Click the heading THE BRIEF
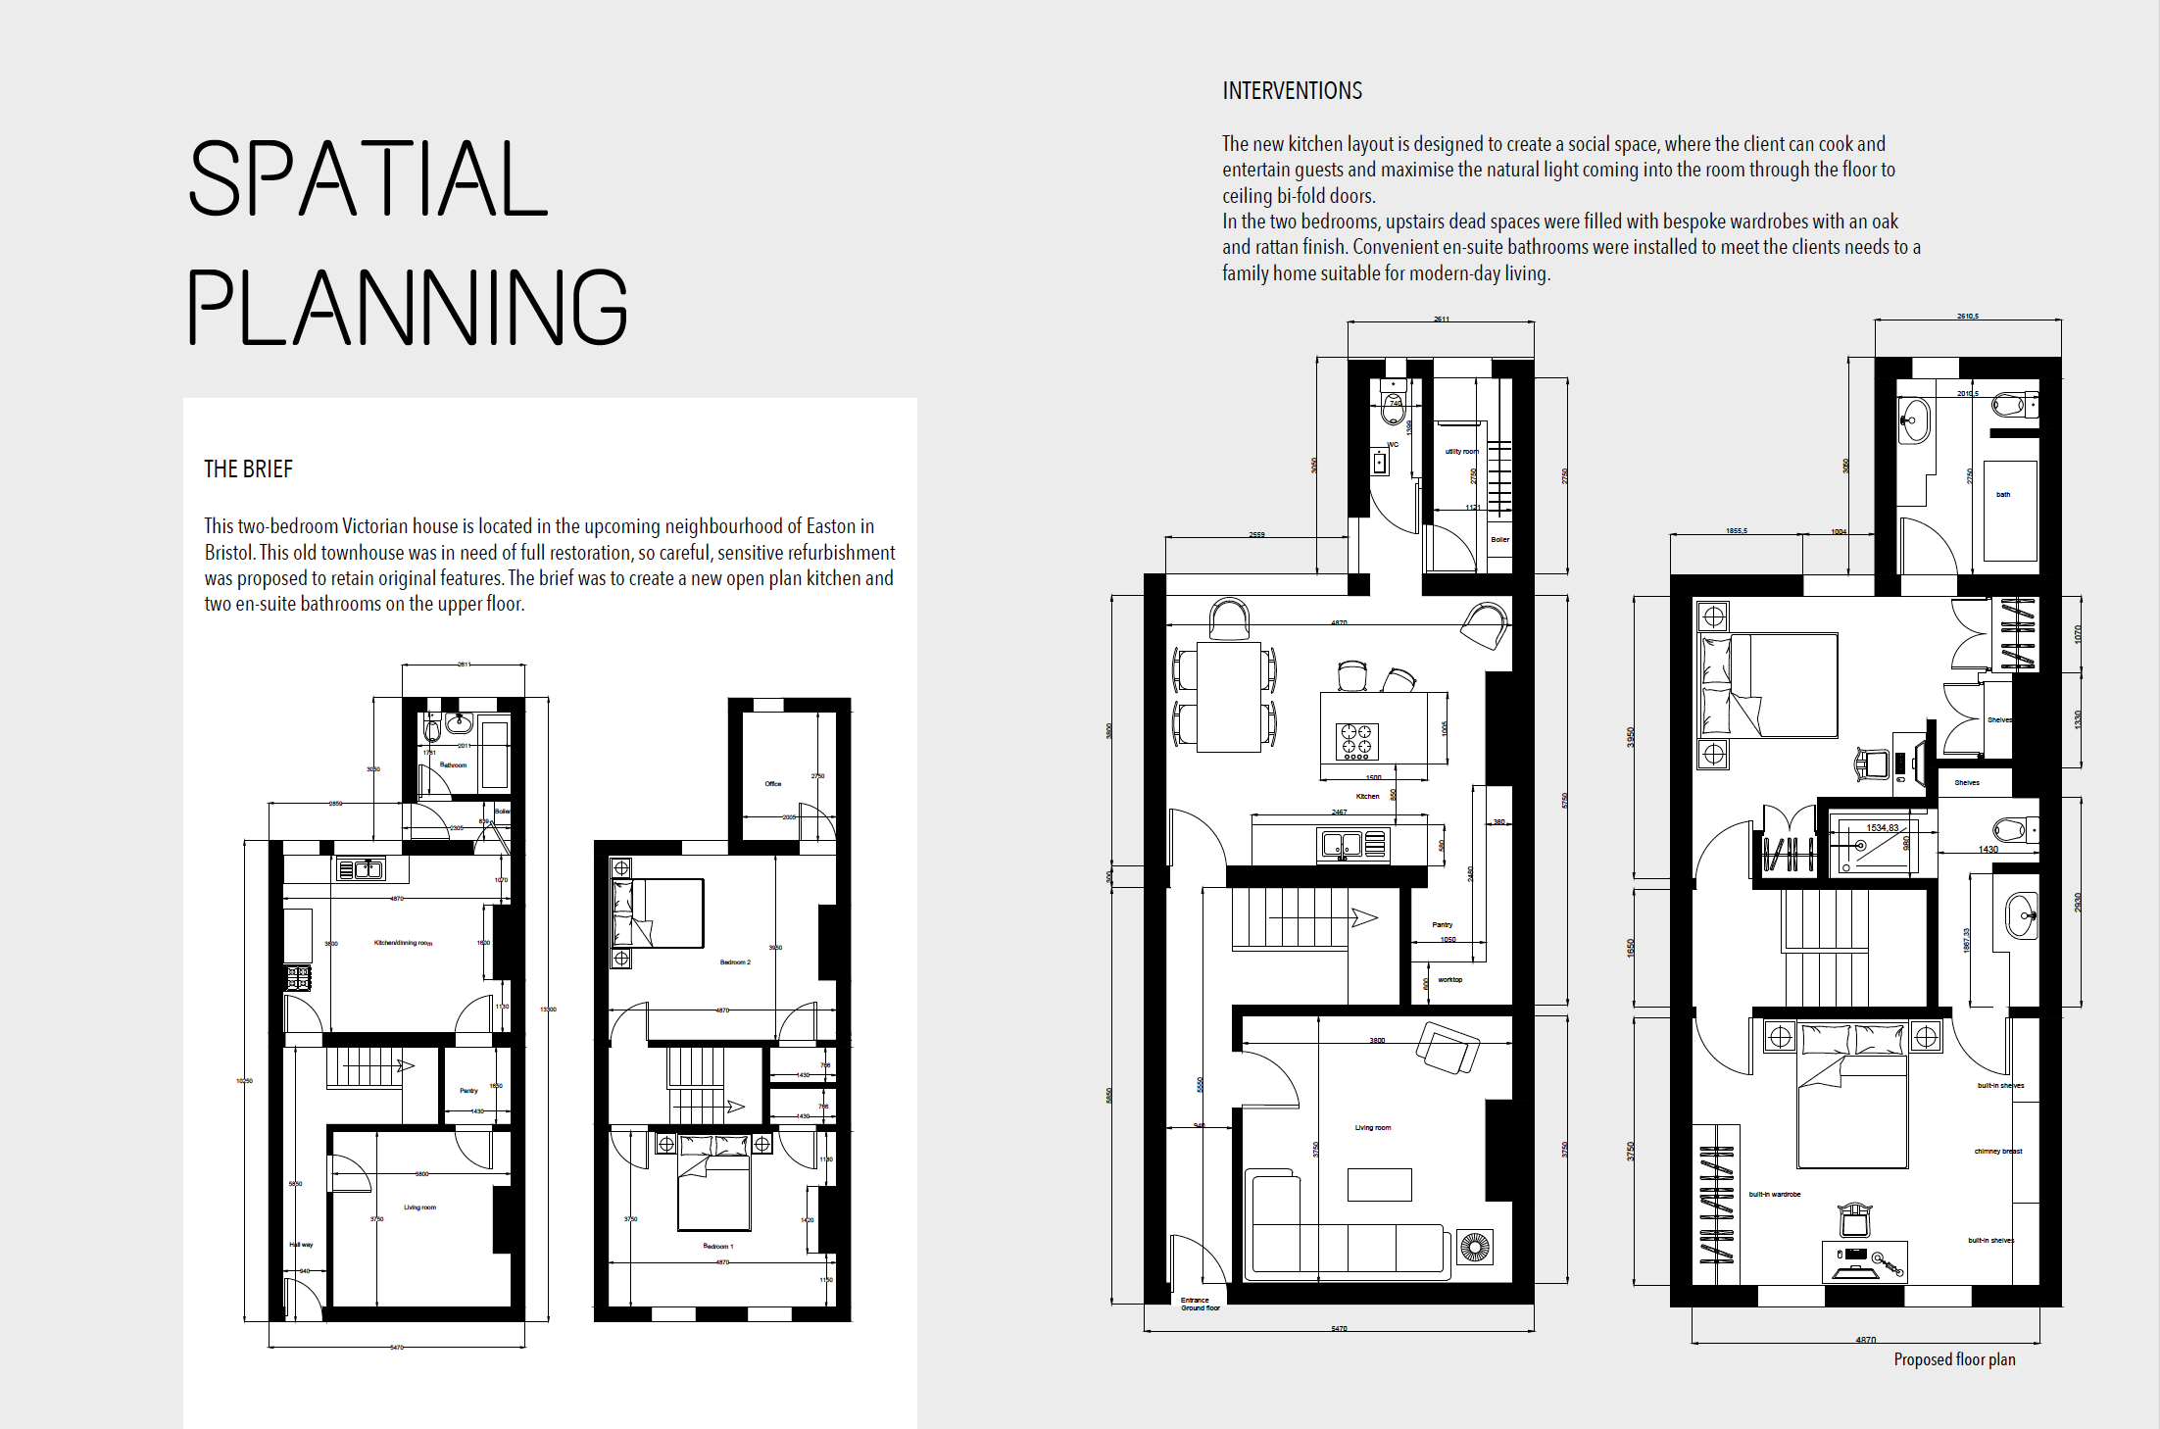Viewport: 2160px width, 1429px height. pyautogui.click(x=248, y=469)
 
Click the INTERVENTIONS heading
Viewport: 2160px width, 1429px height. pyautogui.click(x=1292, y=91)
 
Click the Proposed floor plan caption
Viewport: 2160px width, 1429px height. pyautogui.click(x=1954, y=1359)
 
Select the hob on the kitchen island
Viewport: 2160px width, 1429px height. pyautogui.click(x=1357, y=742)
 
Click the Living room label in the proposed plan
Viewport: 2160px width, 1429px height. pyautogui.click(x=1372, y=1128)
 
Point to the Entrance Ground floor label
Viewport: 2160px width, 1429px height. pyautogui.click(x=1200, y=1305)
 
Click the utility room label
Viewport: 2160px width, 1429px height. pyautogui.click(x=1461, y=452)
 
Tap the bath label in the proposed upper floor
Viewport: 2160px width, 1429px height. pyautogui.click(x=2003, y=495)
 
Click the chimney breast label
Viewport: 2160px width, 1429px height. pyautogui.click(x=1997, y=1152)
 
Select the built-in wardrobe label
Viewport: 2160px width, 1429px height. pyautogui.click(x=1775, y=1195)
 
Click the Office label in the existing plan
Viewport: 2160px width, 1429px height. pyautogui.click(x=773, y=784)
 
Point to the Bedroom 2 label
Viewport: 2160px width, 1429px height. pyautogui.click(x=735, y=962)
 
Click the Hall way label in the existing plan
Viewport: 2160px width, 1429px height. pyautogui.click(x=301, y=1245)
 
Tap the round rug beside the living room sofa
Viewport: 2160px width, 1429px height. pyautogui.click(x=1474, y=1248)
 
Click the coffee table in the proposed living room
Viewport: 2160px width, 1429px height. pyautogui.click(x=1379, y=1185)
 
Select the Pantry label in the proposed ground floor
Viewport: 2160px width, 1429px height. pyautogui.click(x=1442, y=925)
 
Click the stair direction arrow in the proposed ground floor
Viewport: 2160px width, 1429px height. pyautogui.click(x=1363, y=918)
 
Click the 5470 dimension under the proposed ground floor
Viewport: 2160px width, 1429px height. pyautogui.click(x=1339, y=1329)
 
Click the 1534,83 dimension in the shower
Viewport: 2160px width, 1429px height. pyautogui.click(x=1882, y=828)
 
